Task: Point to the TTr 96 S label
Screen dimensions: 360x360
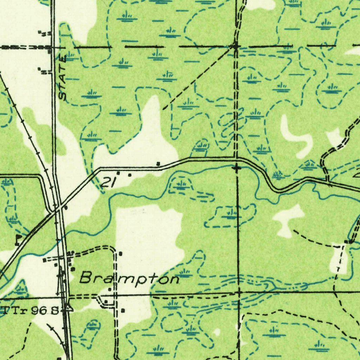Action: coord(31,310)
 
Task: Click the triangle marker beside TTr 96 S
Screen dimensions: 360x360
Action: coord(69,308)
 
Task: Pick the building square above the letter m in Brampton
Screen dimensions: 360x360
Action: coord(121,253)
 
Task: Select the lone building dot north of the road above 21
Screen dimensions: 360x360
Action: coord(158,163)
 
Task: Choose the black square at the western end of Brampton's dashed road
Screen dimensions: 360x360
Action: coord(44,261)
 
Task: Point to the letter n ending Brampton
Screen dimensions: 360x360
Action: coord(173,279)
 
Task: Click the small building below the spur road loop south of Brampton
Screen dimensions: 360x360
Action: coord(123,310)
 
